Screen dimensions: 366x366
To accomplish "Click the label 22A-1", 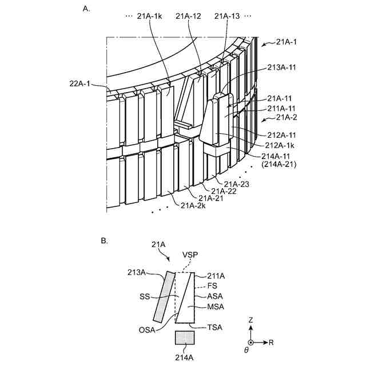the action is pyautogui.click(x=80, y=84).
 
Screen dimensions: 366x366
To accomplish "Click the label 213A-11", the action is pyautogui.click(x=282, y=67).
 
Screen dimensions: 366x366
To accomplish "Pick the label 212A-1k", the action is pyautogui.click(x=279, y=145).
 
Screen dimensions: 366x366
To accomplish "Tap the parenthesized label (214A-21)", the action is pyautogui.click(x=279, y=164).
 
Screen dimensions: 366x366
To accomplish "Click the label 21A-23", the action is pyautogui.click(x=237, y=184).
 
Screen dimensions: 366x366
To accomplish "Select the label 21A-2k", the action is pyautogui.click(x=193, y=205).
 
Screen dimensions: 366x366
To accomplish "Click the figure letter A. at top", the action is pyautogui.click(x=86, y=10).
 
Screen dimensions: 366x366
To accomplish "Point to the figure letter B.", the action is pyautogui.click(x=104, y=241).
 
